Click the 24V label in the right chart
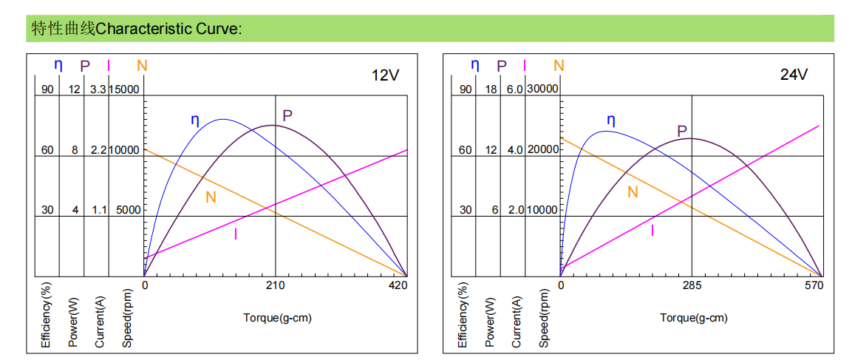794,75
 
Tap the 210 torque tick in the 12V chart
275,285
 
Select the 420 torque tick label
398,285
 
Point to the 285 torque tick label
692,285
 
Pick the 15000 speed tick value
125,89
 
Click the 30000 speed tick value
542,89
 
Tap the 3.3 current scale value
98,89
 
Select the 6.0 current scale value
514,89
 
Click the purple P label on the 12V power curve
287,115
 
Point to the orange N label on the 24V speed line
633,192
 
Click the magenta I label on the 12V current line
236,235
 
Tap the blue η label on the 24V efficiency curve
611,119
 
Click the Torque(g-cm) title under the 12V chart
277,318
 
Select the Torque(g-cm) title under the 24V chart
694,318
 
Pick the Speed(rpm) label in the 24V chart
544,317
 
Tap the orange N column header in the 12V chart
142,66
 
